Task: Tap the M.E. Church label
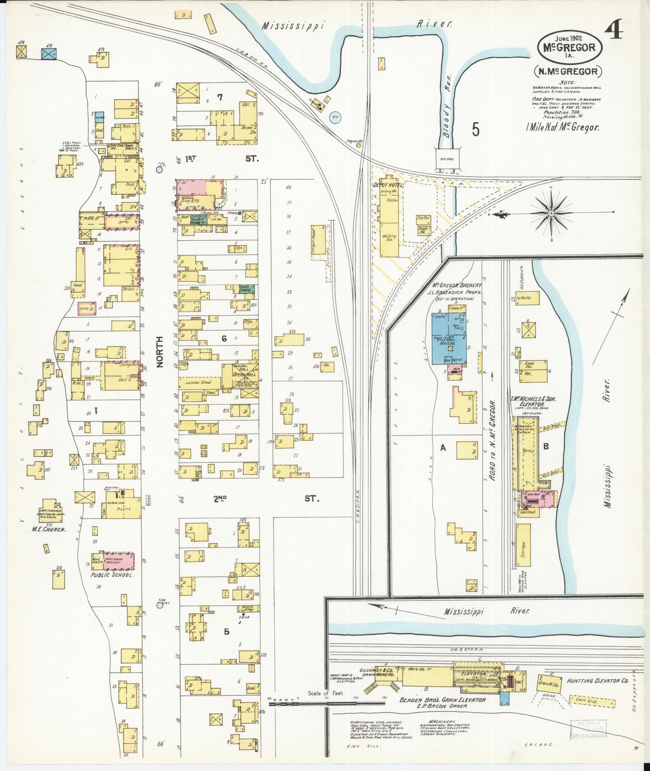(49, 529)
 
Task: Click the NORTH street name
(159, 353)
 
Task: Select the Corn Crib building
(592, 700)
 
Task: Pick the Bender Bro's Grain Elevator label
(443, 700)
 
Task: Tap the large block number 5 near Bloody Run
(475, 130)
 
